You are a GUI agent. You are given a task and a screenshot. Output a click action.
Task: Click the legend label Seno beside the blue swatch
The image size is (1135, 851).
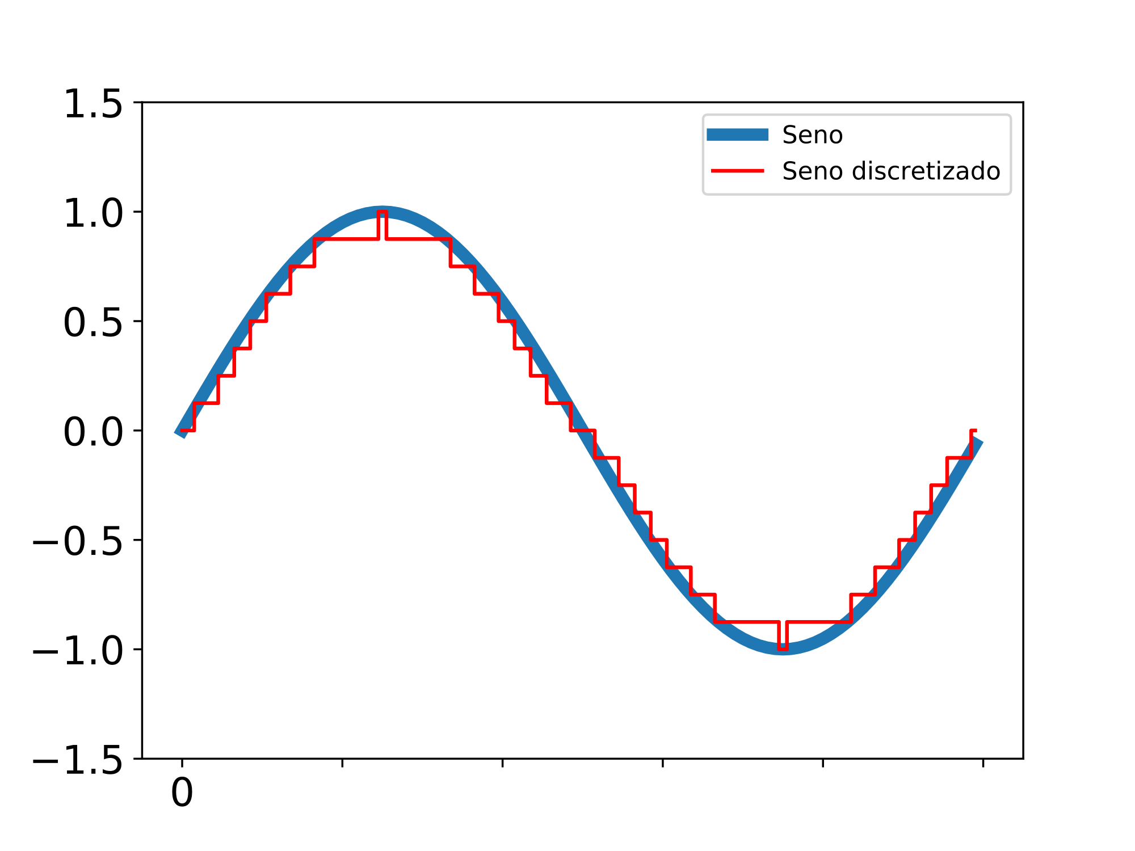click(812, 135)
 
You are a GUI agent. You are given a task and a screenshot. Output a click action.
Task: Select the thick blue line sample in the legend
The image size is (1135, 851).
click(737, 135)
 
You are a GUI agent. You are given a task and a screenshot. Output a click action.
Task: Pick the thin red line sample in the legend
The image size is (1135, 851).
click(737, 171)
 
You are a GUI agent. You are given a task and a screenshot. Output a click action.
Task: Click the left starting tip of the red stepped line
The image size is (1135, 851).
click(182, 431)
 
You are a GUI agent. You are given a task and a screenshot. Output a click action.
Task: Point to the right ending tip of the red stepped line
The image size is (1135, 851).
click(974, 431)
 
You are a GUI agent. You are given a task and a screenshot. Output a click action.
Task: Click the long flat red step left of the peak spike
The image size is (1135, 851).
click(346, 239)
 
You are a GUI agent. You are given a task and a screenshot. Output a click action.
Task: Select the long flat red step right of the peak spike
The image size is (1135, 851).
click(418, 239)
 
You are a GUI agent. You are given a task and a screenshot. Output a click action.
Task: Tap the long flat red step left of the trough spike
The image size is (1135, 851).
click(747, 622)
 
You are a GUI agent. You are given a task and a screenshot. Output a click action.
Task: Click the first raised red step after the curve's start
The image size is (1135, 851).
click(206, 403)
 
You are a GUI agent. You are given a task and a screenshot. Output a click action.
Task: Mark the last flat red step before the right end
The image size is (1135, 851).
click(960, 457)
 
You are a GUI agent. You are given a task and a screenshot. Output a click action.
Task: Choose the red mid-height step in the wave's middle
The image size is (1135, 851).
click(583, 431)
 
